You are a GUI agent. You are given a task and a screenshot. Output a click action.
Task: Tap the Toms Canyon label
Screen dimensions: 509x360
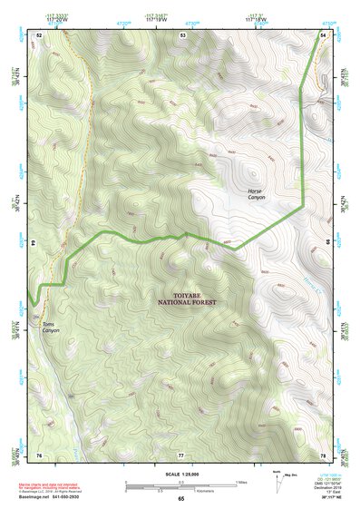click(50, 327)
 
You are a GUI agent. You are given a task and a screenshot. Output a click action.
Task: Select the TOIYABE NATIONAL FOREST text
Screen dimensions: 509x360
click(187, 299)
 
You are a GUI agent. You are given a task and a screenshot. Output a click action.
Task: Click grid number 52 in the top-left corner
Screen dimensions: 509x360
click(39, 34)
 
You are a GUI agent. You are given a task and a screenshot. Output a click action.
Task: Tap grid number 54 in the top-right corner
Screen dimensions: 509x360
click(323, 34)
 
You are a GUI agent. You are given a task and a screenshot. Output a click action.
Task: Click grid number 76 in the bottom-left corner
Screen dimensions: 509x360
click(39, 454)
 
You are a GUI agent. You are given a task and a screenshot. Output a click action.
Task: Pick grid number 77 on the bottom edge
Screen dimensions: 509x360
click(181, 454)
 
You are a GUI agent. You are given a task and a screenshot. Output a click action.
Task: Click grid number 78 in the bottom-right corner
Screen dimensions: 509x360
click(323, 454)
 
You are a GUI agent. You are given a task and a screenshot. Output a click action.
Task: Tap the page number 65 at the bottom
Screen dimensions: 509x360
click(181, 498)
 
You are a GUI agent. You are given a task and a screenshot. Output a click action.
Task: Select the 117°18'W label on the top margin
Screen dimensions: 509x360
click(256, 16)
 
